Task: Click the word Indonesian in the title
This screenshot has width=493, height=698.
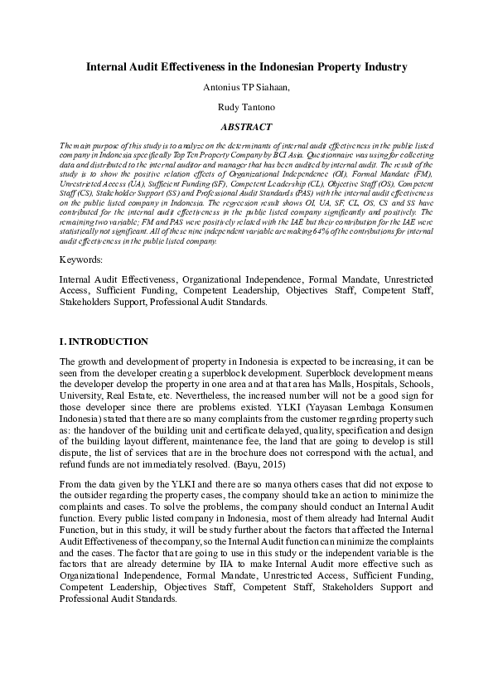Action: coord(283,66)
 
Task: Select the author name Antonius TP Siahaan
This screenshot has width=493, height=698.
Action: coord(246,87)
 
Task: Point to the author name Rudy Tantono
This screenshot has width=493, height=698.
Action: coord(246,107)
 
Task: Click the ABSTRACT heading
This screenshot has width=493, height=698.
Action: coord(246,127)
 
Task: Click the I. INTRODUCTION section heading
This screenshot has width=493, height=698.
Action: coord(104,342)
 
